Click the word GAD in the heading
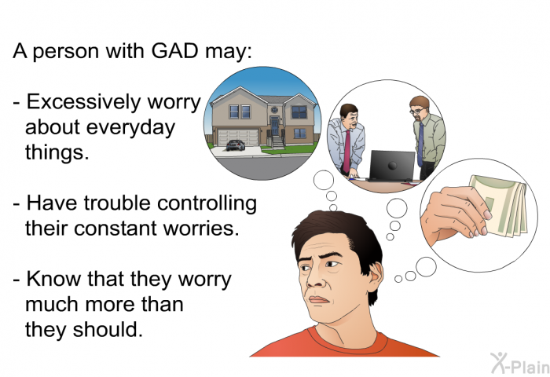tap(175, 51)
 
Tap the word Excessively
tap(83, 102)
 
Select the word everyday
tap(130, 128)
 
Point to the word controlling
tap(207, 203)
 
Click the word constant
tap(115, 229)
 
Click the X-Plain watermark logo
tap(520, 364)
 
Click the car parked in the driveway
tap(236, 145)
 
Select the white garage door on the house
tap(238, 137)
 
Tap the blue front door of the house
tap(275, 126)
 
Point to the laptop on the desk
tap(391, 166)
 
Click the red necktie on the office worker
tap(346, 151)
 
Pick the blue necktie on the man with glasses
tap(420, 145)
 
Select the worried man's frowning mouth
tap(318, 300)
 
